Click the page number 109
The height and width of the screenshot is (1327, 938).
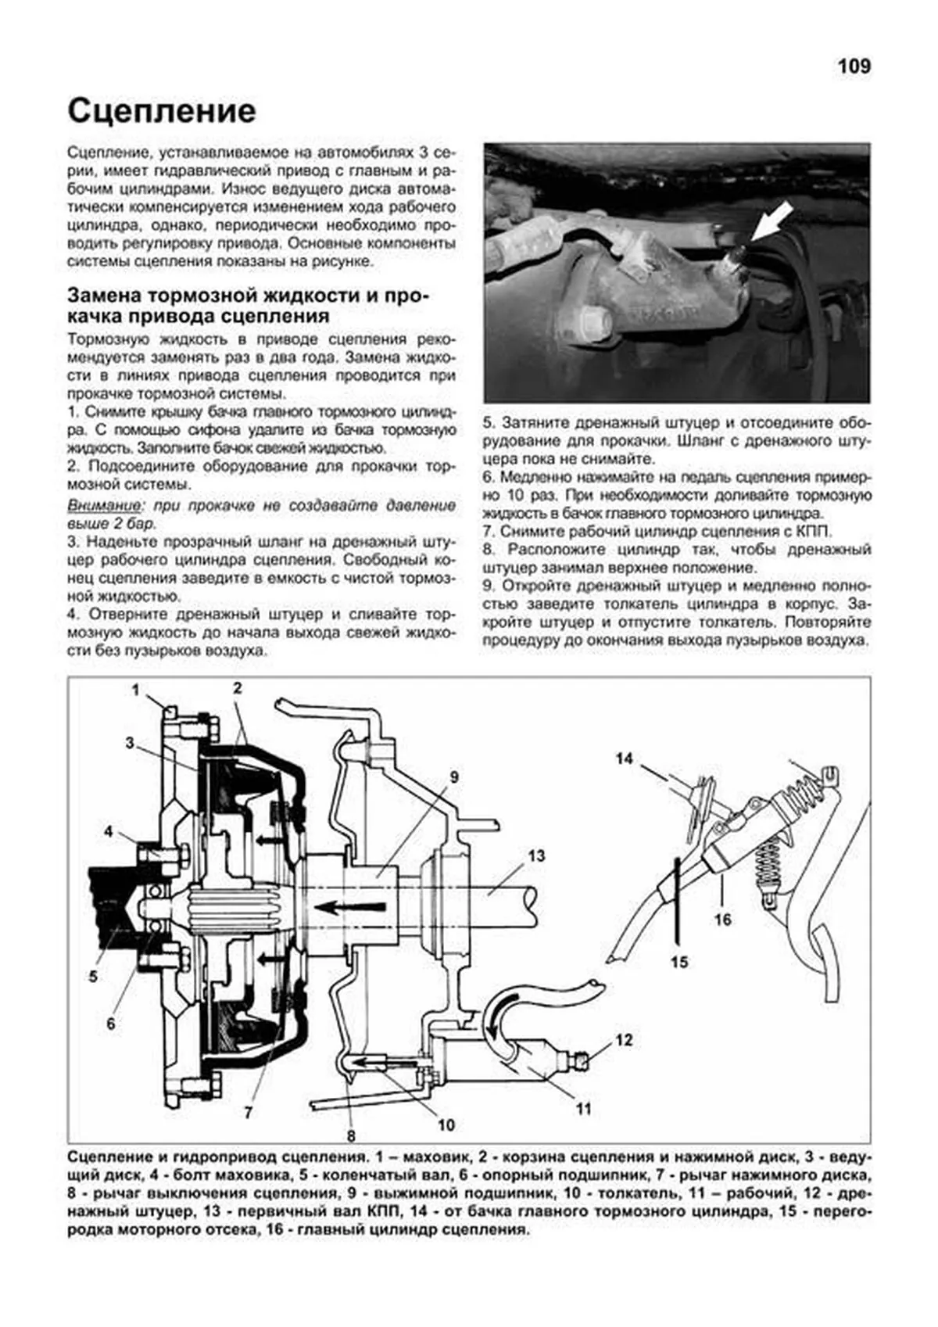coord(854,66)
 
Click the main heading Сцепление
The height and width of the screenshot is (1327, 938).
coord(162,112)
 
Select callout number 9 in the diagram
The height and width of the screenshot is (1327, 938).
coord(453,777)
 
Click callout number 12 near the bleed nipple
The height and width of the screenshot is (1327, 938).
coord(623,1040)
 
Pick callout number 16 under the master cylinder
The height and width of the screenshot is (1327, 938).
coord(721,919)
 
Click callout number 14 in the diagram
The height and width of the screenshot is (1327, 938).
coord(623,758)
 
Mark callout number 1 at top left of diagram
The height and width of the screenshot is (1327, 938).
coord(135,690)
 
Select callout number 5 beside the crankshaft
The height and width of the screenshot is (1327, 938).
coord(93,976)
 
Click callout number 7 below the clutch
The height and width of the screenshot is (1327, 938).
coord(249,1112)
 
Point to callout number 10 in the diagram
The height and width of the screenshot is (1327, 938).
coord(446,1125)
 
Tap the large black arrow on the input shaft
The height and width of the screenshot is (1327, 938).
coord(353,907)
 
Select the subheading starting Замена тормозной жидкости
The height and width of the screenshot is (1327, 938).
coord(249,307)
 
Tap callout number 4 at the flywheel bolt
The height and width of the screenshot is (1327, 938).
coord(109,831)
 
